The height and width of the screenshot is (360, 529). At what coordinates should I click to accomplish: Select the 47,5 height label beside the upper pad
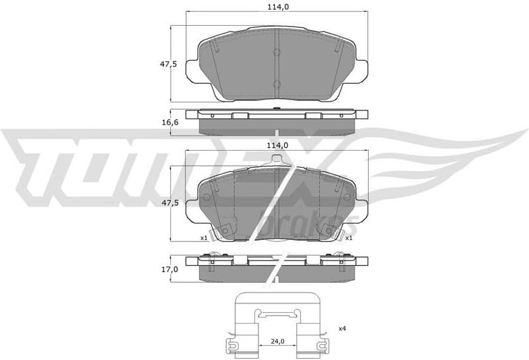click(168, 64)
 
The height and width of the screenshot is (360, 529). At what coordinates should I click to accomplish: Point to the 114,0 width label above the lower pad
click(276, 146)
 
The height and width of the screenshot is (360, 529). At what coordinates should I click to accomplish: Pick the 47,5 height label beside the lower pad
click(168, 202)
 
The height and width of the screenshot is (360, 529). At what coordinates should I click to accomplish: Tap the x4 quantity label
click(342, 329)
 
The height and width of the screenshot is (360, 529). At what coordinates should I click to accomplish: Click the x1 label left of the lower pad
click(203, 238)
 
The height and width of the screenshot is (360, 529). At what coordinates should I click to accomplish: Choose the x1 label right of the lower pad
click(348, 238)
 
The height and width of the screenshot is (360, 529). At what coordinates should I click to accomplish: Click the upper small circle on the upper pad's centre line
click(276, 52)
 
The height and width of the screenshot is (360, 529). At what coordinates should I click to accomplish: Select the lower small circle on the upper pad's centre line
click(276, 85)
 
